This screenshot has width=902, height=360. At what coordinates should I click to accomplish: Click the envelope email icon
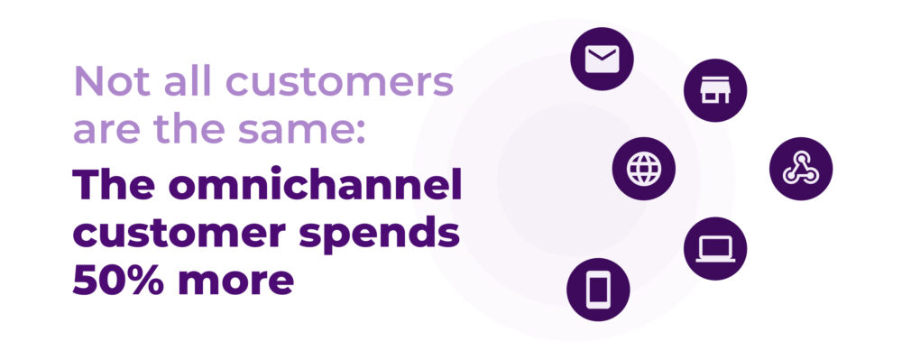click(602, 60)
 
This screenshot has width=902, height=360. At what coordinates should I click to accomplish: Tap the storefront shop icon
click(715, 89)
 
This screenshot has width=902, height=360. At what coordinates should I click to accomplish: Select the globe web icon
click(644, 169)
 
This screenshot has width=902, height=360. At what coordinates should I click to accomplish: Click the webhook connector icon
click(801, 169)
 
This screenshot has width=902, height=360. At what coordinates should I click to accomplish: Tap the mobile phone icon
click(598, 289)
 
